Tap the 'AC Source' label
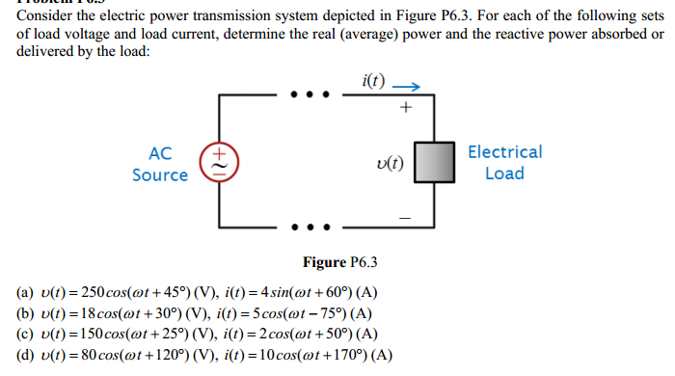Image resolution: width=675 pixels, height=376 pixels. click(x=160, y=164)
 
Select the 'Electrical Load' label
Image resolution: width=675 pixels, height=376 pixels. click(x=504, y=162)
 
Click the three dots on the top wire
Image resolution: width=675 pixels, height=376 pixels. click(x=310, y=95)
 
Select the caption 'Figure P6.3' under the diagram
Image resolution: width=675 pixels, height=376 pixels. click(x=339, y=261)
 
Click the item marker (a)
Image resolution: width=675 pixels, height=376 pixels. click(x=26, y=292)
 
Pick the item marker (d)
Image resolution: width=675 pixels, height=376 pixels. click(x=26, y=355)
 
